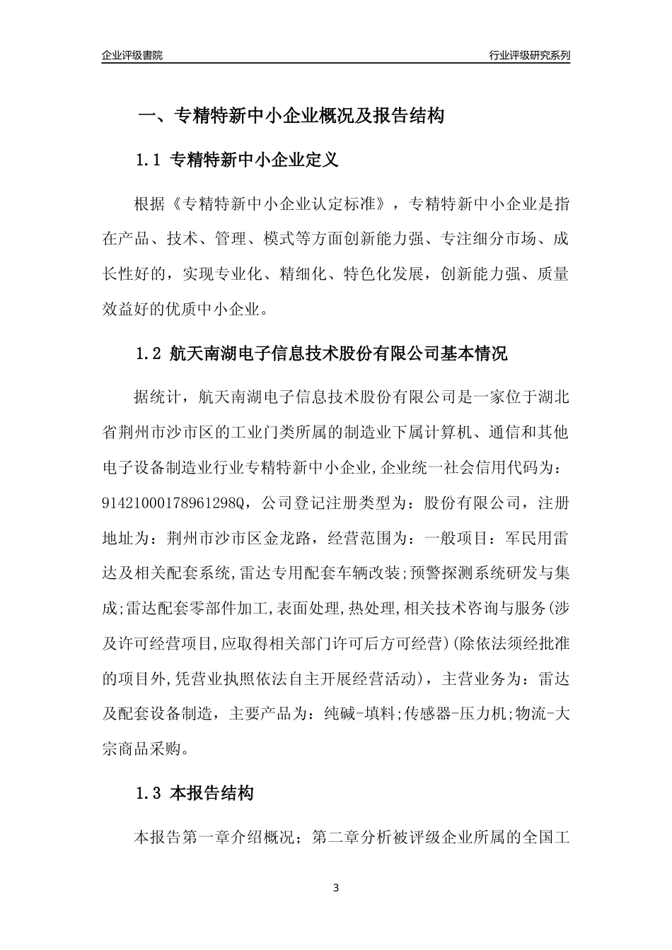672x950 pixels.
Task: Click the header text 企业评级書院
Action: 132,55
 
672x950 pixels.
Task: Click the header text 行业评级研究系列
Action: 529,55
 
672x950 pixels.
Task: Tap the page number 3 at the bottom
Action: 336,888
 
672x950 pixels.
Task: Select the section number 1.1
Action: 149,160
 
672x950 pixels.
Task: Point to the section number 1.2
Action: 149,353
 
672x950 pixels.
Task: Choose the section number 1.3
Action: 149,794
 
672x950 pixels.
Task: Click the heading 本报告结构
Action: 212,794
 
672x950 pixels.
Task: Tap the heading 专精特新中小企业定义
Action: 255,160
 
